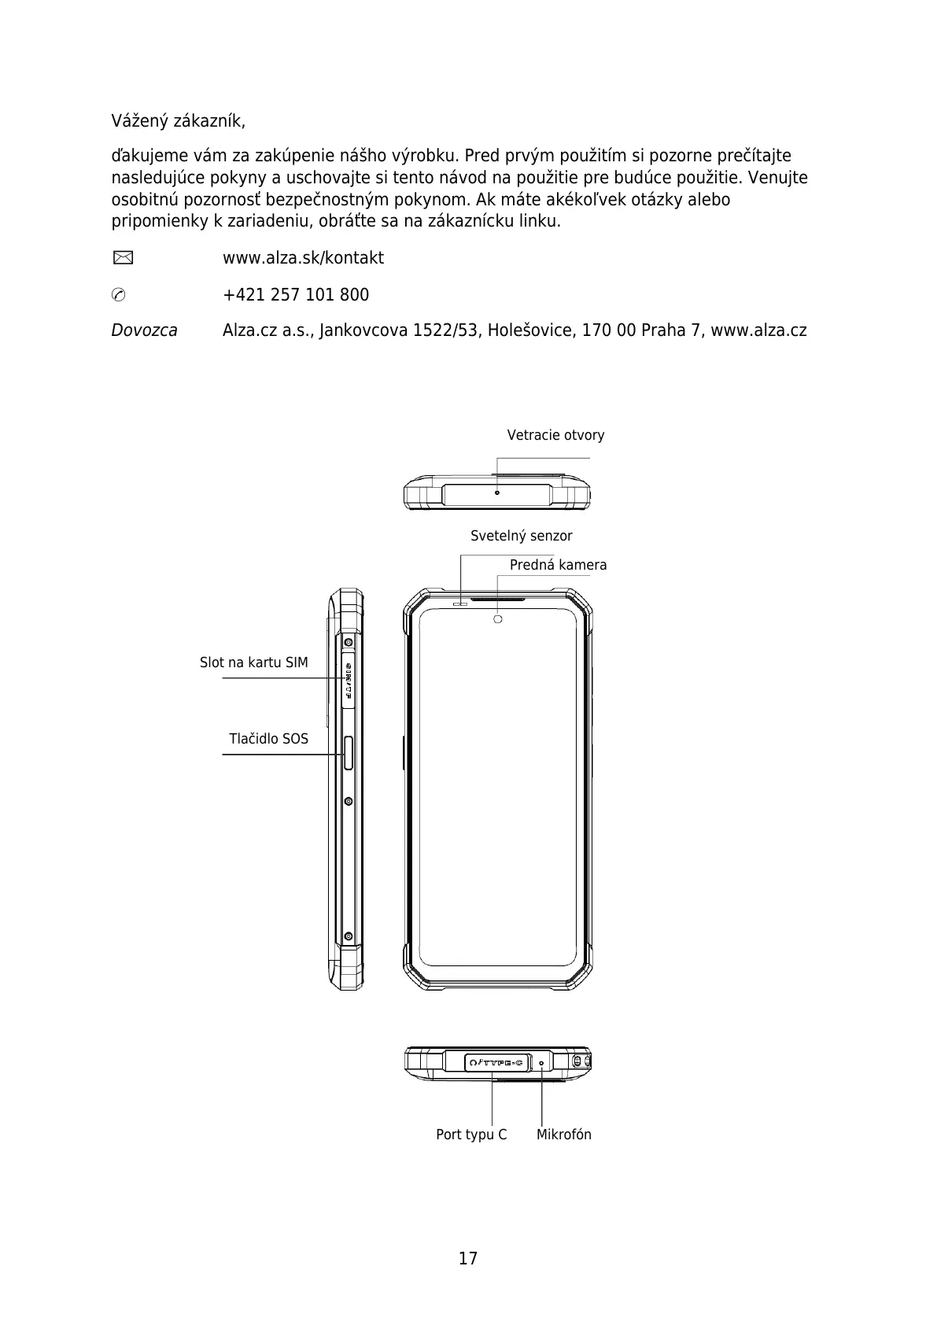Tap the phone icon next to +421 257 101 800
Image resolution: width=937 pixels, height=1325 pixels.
pos(118,295)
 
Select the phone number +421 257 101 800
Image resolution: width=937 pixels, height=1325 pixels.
pos(295,295)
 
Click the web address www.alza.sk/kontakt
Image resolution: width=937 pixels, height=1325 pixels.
pos(303,258)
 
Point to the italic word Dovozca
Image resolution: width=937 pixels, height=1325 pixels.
pos(144,330)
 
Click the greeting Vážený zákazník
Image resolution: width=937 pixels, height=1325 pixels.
pos(178,122)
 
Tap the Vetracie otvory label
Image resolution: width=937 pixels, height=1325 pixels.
pos(555,435)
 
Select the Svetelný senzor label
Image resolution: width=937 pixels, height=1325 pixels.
pos(521,536)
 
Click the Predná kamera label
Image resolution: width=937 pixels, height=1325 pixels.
pos(558,565)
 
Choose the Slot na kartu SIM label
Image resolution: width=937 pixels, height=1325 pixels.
pos(253,662)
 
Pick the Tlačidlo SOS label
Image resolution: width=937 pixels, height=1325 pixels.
pos(268,739)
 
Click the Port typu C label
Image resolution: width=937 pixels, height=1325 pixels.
pos(471,1135)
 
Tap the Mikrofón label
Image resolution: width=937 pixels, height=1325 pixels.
pos(563,1135)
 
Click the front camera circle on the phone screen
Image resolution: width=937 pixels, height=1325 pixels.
pos(497,619)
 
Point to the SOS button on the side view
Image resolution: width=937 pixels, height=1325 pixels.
pos(349,753)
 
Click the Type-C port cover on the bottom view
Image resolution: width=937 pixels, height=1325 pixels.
pos(496,1063)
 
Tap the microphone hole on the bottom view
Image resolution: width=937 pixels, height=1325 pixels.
pos(541,1063)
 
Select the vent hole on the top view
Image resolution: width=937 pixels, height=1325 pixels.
pos(496,493)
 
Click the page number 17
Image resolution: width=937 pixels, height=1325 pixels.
pos(468,1258)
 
